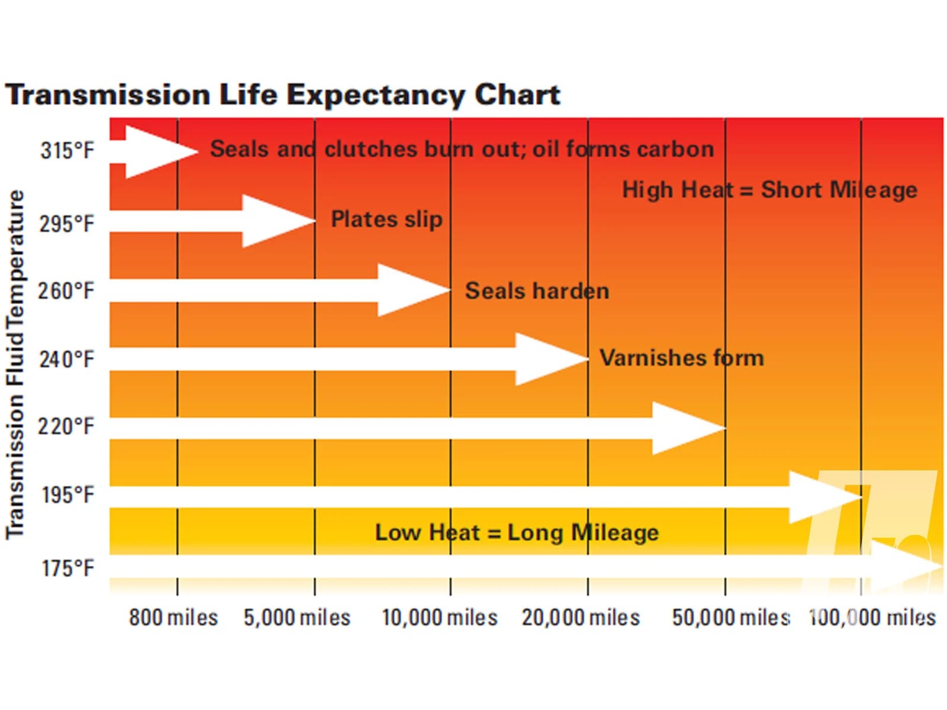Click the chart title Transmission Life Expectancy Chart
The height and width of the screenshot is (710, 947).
(283, 95)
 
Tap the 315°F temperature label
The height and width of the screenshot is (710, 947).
(67, 150)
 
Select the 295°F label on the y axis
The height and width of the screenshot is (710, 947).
(66, 224)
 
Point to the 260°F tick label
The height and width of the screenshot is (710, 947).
(66, 291)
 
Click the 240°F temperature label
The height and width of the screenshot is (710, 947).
(66, 359)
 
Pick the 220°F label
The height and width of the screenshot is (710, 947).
(66, 426)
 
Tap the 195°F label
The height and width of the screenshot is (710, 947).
(67, 495)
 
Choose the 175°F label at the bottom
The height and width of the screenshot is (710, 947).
(67, 568)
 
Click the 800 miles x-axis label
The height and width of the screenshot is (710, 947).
(173, 617)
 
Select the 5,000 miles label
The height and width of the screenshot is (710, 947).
(297, 617)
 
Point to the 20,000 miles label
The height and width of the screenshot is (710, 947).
(581, 617)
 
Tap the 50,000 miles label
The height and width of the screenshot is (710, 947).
(730, 617)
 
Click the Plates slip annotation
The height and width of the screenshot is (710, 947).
(386, 220)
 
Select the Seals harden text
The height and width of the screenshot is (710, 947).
(537, 291)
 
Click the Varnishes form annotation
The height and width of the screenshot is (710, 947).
(681, 358)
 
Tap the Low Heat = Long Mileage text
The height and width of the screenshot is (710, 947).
(517, 532)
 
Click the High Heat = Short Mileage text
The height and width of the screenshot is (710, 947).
(769, 190)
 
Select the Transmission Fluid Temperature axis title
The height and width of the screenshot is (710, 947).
(15, 364)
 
